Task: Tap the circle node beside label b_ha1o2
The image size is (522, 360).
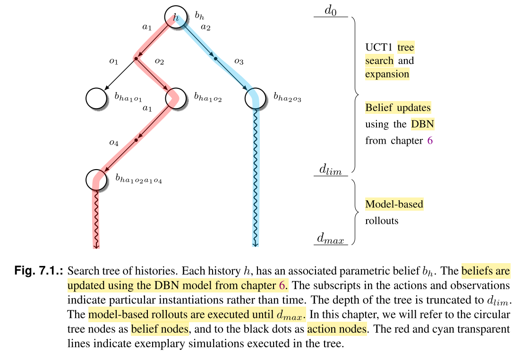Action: [x=176, y=98]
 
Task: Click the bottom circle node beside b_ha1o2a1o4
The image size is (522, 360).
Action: [x=97, y=179]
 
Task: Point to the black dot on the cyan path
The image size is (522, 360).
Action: [x=215, y=59]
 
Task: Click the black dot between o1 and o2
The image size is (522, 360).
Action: [x=136, y=59]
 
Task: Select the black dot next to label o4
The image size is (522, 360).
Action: [x=136, y=140]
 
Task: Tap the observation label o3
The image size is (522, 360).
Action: [x=239, y=61]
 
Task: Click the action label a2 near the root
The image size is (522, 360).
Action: [x=205, y=27]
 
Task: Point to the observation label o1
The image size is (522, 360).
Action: [x=113, y=61]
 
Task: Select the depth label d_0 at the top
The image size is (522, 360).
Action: [x=331, y=10]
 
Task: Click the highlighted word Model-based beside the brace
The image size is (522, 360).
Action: [x=394, y=204]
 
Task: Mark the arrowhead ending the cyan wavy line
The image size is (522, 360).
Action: [x=256, y=244]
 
